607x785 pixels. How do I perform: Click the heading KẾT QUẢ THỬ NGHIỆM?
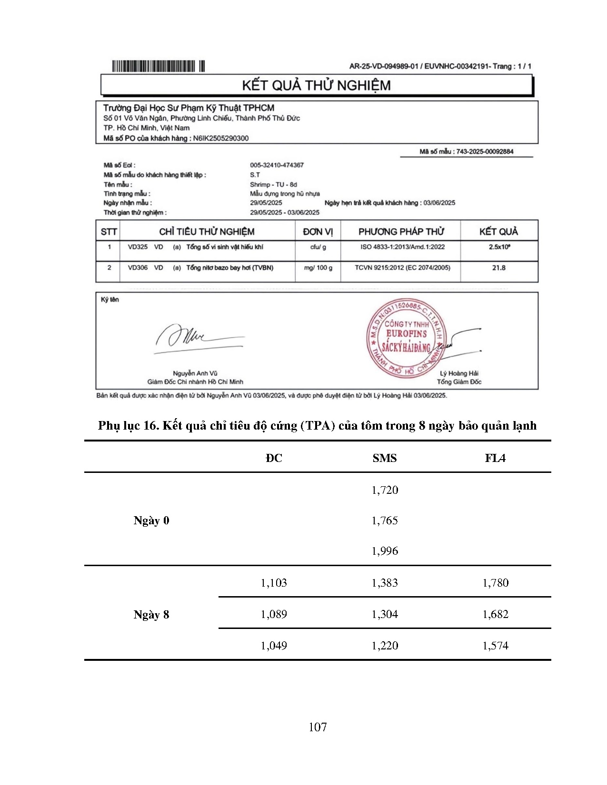(x=316, y=86)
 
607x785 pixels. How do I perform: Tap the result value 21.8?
(x=498, y=268)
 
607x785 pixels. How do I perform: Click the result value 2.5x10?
(x=499, y=247)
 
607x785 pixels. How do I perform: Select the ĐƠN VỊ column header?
(x=318, y=232)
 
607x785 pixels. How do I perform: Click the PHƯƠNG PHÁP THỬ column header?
(x=401, y=232)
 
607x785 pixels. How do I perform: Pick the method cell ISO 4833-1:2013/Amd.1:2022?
(x=402, y=247)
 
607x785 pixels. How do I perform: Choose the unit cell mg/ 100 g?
(x=318, y=268)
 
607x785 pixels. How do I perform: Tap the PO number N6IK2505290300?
(x=220, y=138)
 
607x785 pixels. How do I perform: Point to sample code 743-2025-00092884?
(x=485, y=152)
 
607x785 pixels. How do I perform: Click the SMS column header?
(x=385, y=458)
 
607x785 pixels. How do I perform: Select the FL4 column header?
(x=495, y=458)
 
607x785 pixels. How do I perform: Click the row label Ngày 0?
(x=151, y=520)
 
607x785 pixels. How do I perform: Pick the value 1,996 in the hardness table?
(x=385, y=551)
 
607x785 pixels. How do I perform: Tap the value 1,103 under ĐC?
(x=274, y=583)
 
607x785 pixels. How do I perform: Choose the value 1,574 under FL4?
(x=495, y=646)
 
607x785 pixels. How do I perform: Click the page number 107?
(x=318, y=727)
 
